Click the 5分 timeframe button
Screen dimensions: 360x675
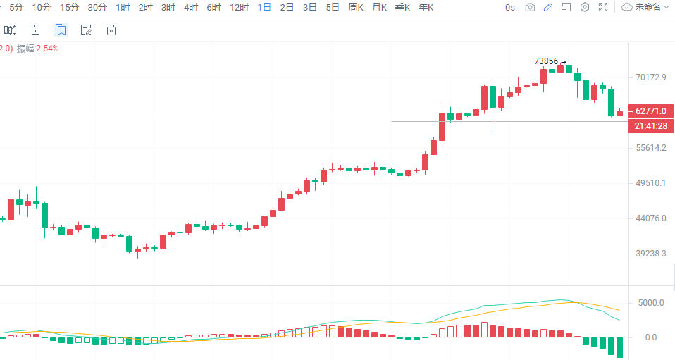pyautogui.click(x=16, y=7)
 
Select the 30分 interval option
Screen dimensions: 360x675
pyautogui.click(x=97, y=7)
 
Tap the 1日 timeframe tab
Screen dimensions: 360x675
pyautogui.click(x=264, y=7)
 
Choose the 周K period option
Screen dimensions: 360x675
pyautogui.click(x=356, y=7)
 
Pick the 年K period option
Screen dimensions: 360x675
pyautogui.click(x=426, y=7)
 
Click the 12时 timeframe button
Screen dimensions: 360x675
pyautogui.click(x=240, y=7)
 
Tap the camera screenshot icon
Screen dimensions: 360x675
pyautogui.click(x=530, y=7)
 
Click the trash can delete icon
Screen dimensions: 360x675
pyautogui.click(x=111, y=30)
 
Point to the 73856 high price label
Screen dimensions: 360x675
pyautogui.click(x=546, y=61)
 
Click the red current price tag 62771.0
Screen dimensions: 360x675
pyautogui.click(x=650, y=111)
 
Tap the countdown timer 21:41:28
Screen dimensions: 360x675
pyautogui.click(x=650, y=125)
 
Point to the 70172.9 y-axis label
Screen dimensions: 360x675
pyautogui.click(x=650, y=77)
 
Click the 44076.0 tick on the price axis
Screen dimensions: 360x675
pyautogui.click(x=650, y=218)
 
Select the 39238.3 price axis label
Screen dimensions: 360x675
pyautogui.click(x=650, y=253)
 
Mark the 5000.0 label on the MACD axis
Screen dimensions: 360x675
pyautogui.click(x=650, y=303)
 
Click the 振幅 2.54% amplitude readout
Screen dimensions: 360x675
pyautogui.click(x=38, y=49)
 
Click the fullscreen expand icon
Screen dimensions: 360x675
pyautogui.click(x=602, y=7)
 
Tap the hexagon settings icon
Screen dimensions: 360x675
pyautogui.click(x=584, y=7)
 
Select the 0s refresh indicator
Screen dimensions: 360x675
pyautogui.click(x=510, y=7)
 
